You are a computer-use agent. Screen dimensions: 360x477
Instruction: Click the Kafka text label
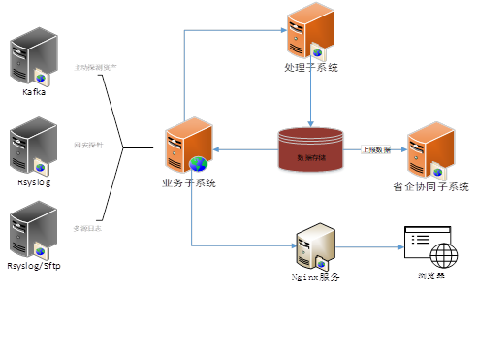(x=34, y=92)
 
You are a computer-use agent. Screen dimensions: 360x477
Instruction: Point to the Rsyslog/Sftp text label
(x=34, y=265)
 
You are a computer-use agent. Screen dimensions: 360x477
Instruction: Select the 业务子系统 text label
(x=188, y=183)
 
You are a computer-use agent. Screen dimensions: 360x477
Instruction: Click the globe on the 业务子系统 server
(x=198, y=163)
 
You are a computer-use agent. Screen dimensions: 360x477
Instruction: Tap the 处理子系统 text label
(x=311, y=68)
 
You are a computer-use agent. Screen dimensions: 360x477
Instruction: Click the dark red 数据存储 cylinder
(x=311, y=147)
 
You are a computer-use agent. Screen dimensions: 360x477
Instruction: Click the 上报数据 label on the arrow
(x=375, y=150)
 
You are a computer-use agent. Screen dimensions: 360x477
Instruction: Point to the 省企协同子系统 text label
(x=430, y=186)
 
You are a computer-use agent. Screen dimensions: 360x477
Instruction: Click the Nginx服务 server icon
(x=316, y=244)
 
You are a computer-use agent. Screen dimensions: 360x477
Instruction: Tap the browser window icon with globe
(x=428, y=247)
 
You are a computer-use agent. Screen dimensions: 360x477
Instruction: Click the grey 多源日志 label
(x=87, y=228)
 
